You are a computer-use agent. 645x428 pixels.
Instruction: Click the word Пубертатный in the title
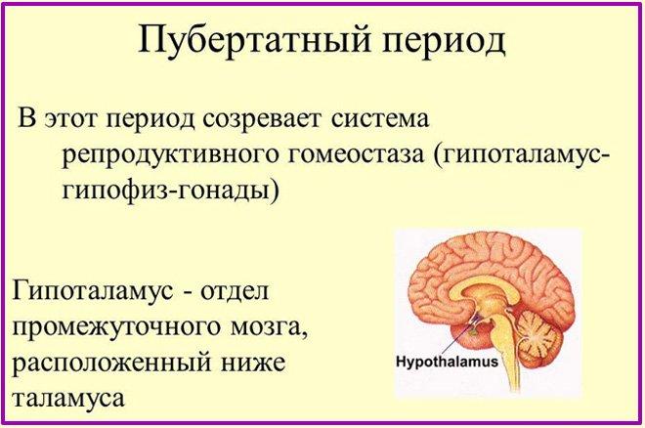coord(254,40)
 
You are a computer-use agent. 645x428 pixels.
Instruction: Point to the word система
coord(380,119)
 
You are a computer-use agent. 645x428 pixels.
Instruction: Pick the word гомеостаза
coord(355,155)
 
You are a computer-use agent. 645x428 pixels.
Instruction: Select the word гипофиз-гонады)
coord(170,192)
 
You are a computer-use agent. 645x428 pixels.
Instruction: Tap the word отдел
coord(235,291)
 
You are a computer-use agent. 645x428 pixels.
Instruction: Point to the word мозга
coord(268,327)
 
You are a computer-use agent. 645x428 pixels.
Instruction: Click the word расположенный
coord(110,364)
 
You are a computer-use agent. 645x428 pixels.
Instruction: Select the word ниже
coord(253,364)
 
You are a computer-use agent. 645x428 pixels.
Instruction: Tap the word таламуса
coord(68,398)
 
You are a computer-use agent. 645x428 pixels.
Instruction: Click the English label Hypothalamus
coord(447,362)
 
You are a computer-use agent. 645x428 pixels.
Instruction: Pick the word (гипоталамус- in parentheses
coord(520,156)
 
